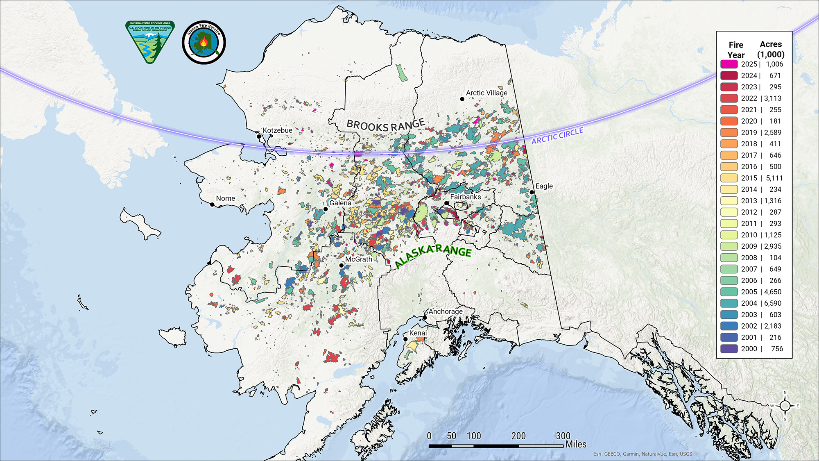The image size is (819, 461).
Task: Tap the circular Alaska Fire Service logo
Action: pyautogui.click(x=204, y=42)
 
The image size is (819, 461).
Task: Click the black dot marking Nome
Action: pyautogui.click(x=213, y=204)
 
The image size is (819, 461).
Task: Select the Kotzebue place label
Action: pyautogui.click(x=277, y=130)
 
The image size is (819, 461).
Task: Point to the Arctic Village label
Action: pyautogui.click(x=486, y=93)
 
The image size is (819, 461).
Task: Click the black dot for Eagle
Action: pyautogui.click(x=532, y=192)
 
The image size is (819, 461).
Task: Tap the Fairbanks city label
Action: pyautogui.click(x=465, y=197)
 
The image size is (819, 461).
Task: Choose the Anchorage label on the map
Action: pyautogui.click(x=446, y=311)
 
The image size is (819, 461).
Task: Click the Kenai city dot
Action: pyautogui.click(x=405, y=339)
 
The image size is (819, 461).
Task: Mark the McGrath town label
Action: pyautogui.click(x=358, y=259)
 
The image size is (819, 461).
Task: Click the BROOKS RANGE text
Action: pyautogui.click(x=385, y=125)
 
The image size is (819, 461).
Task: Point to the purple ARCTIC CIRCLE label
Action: pyautogui.click(x=557, y=136)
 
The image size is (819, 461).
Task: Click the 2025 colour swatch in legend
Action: pyautogui.click(x=729, y=64)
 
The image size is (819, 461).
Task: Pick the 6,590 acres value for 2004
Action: pyautogui.click(x=772, y=303)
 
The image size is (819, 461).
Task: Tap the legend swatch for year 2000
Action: pyautogui.click(x=729, y=349)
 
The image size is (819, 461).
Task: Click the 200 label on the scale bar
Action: pyautogui.click(x=518, y=436)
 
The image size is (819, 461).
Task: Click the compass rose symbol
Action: pyautogui.click(x=785, y=406)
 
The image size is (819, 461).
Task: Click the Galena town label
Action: pyautogui.click(x=340, y=203)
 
